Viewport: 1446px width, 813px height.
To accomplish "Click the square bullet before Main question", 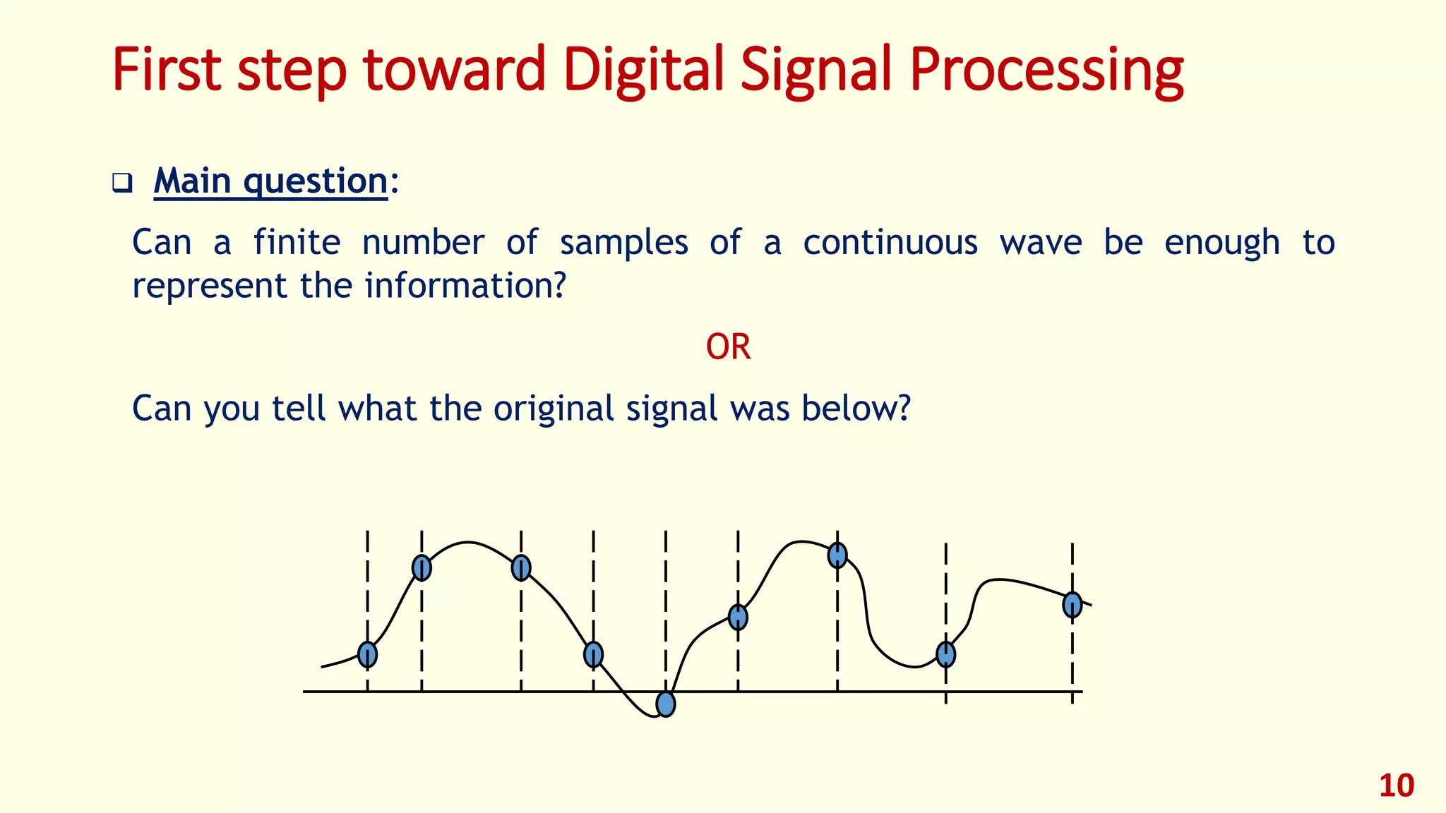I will [122, 183].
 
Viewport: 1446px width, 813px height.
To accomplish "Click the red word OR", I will [728, 347].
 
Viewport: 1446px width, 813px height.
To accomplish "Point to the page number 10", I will [1396, 785].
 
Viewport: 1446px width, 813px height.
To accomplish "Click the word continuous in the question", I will [890, 243].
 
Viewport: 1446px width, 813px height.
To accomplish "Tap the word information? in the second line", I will [465, 286].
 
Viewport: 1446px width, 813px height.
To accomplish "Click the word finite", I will [297, 243].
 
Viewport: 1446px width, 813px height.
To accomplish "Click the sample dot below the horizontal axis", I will [665, 704].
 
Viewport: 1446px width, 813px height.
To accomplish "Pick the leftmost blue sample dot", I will [367, 655].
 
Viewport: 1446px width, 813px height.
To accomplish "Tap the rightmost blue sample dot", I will [1072, 604].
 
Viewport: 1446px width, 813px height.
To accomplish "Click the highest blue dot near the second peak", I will [837, 555].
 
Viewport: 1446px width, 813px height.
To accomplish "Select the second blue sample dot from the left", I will [422, 567].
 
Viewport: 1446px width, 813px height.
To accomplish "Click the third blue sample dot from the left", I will [521, 567].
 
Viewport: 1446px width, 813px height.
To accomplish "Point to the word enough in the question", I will [1221, 243].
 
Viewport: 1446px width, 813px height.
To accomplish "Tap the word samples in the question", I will [623, 243].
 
